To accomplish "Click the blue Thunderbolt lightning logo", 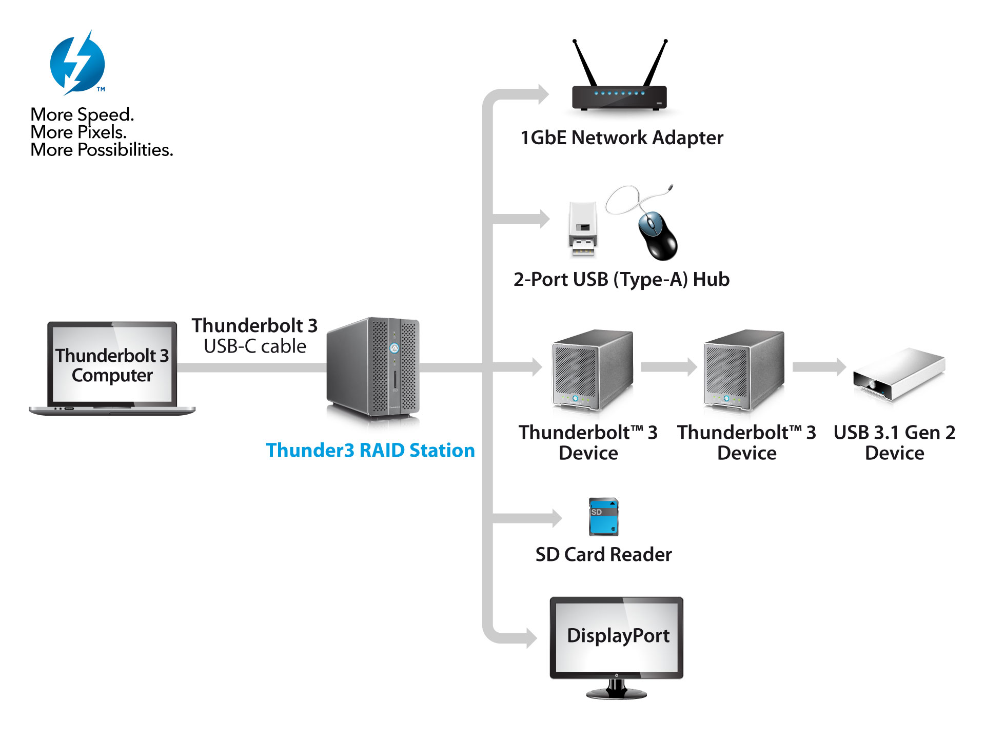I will coord(77,63).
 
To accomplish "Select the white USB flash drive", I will coord(583,229).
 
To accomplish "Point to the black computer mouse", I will coord(657,236).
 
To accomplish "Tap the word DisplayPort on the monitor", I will coord(618,635).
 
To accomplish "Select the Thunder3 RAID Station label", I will coord(370,450).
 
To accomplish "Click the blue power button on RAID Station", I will coord(394,348).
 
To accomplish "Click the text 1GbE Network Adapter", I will coord(622,138).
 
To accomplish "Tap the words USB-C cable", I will coord(255,346).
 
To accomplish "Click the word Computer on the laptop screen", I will coord(112,375).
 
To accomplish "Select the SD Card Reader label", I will coord(603,554).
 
